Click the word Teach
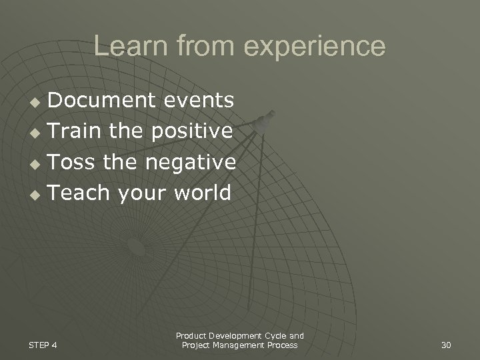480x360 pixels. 79,193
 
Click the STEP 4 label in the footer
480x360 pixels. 43,345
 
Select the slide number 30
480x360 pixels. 446,345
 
